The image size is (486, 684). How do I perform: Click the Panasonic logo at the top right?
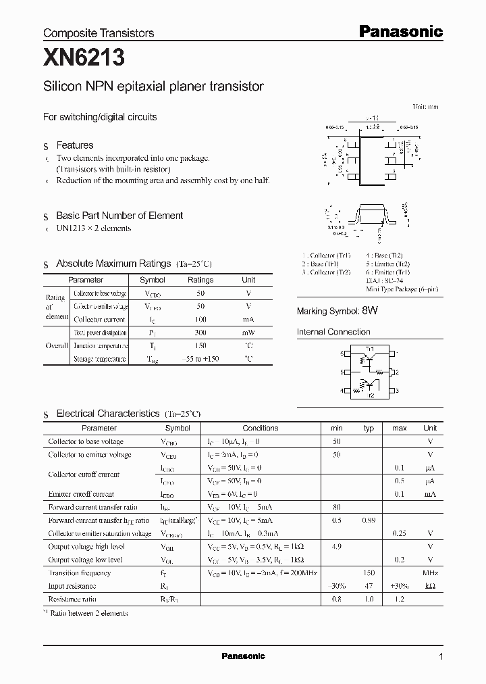[400, 31]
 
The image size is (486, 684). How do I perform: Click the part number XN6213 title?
[84, 59]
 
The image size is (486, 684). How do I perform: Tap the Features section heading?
[74, 145]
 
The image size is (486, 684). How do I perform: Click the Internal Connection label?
[333, 332]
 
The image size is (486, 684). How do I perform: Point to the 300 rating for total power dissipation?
[200, 333]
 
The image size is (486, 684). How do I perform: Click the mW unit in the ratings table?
[248, 333]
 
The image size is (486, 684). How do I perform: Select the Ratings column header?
[200, 280]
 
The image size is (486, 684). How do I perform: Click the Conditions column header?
[260, 428]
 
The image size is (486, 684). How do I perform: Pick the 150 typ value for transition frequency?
[369, 572]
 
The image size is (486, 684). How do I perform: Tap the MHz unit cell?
[430, 572]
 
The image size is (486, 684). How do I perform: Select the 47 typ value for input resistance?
[369, 586]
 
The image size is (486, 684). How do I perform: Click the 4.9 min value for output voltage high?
[336, 547]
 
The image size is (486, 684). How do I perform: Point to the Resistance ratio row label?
[72, 599]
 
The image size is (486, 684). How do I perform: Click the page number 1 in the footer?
[441, 656]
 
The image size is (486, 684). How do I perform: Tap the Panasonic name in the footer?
[243, 656]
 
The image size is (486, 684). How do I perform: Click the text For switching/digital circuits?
[100, 117]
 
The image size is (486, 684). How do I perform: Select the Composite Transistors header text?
[99, 33]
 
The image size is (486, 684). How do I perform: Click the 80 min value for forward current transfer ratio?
[336, 507]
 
